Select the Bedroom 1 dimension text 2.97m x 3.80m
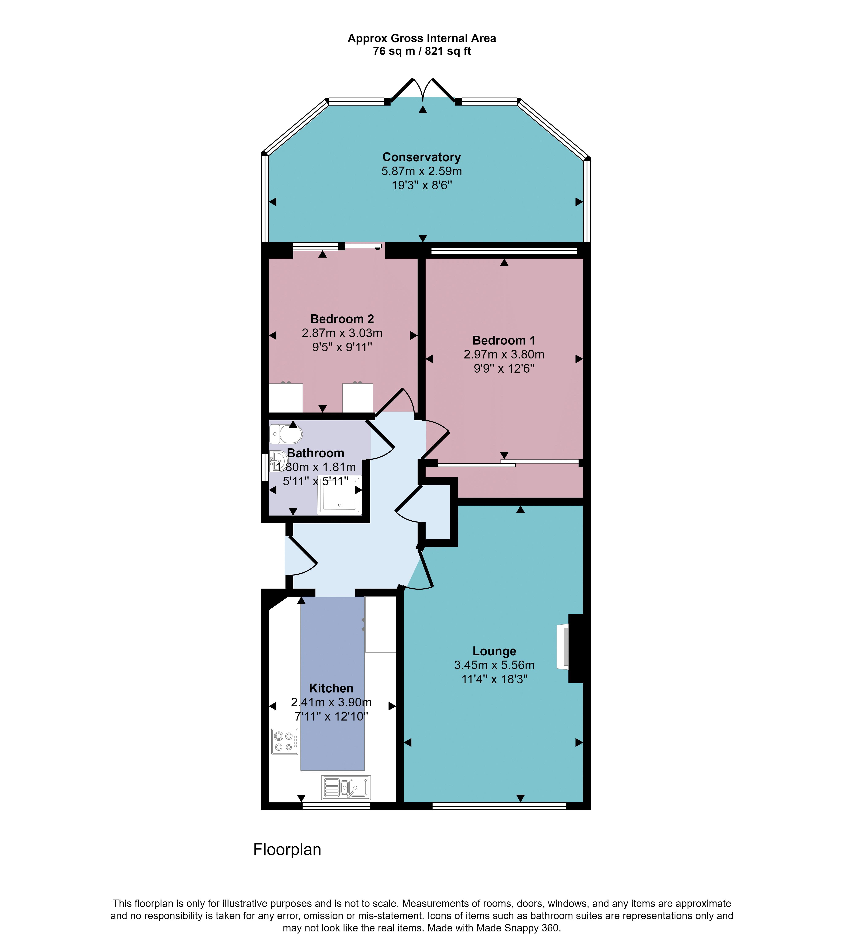click(x=504, y=354)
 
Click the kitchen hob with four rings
click(x=285, y=741)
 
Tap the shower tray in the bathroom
click(x=339, y=495)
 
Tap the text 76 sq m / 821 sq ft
click(x=422, y=51)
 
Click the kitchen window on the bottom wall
click(x=336, y=806)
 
